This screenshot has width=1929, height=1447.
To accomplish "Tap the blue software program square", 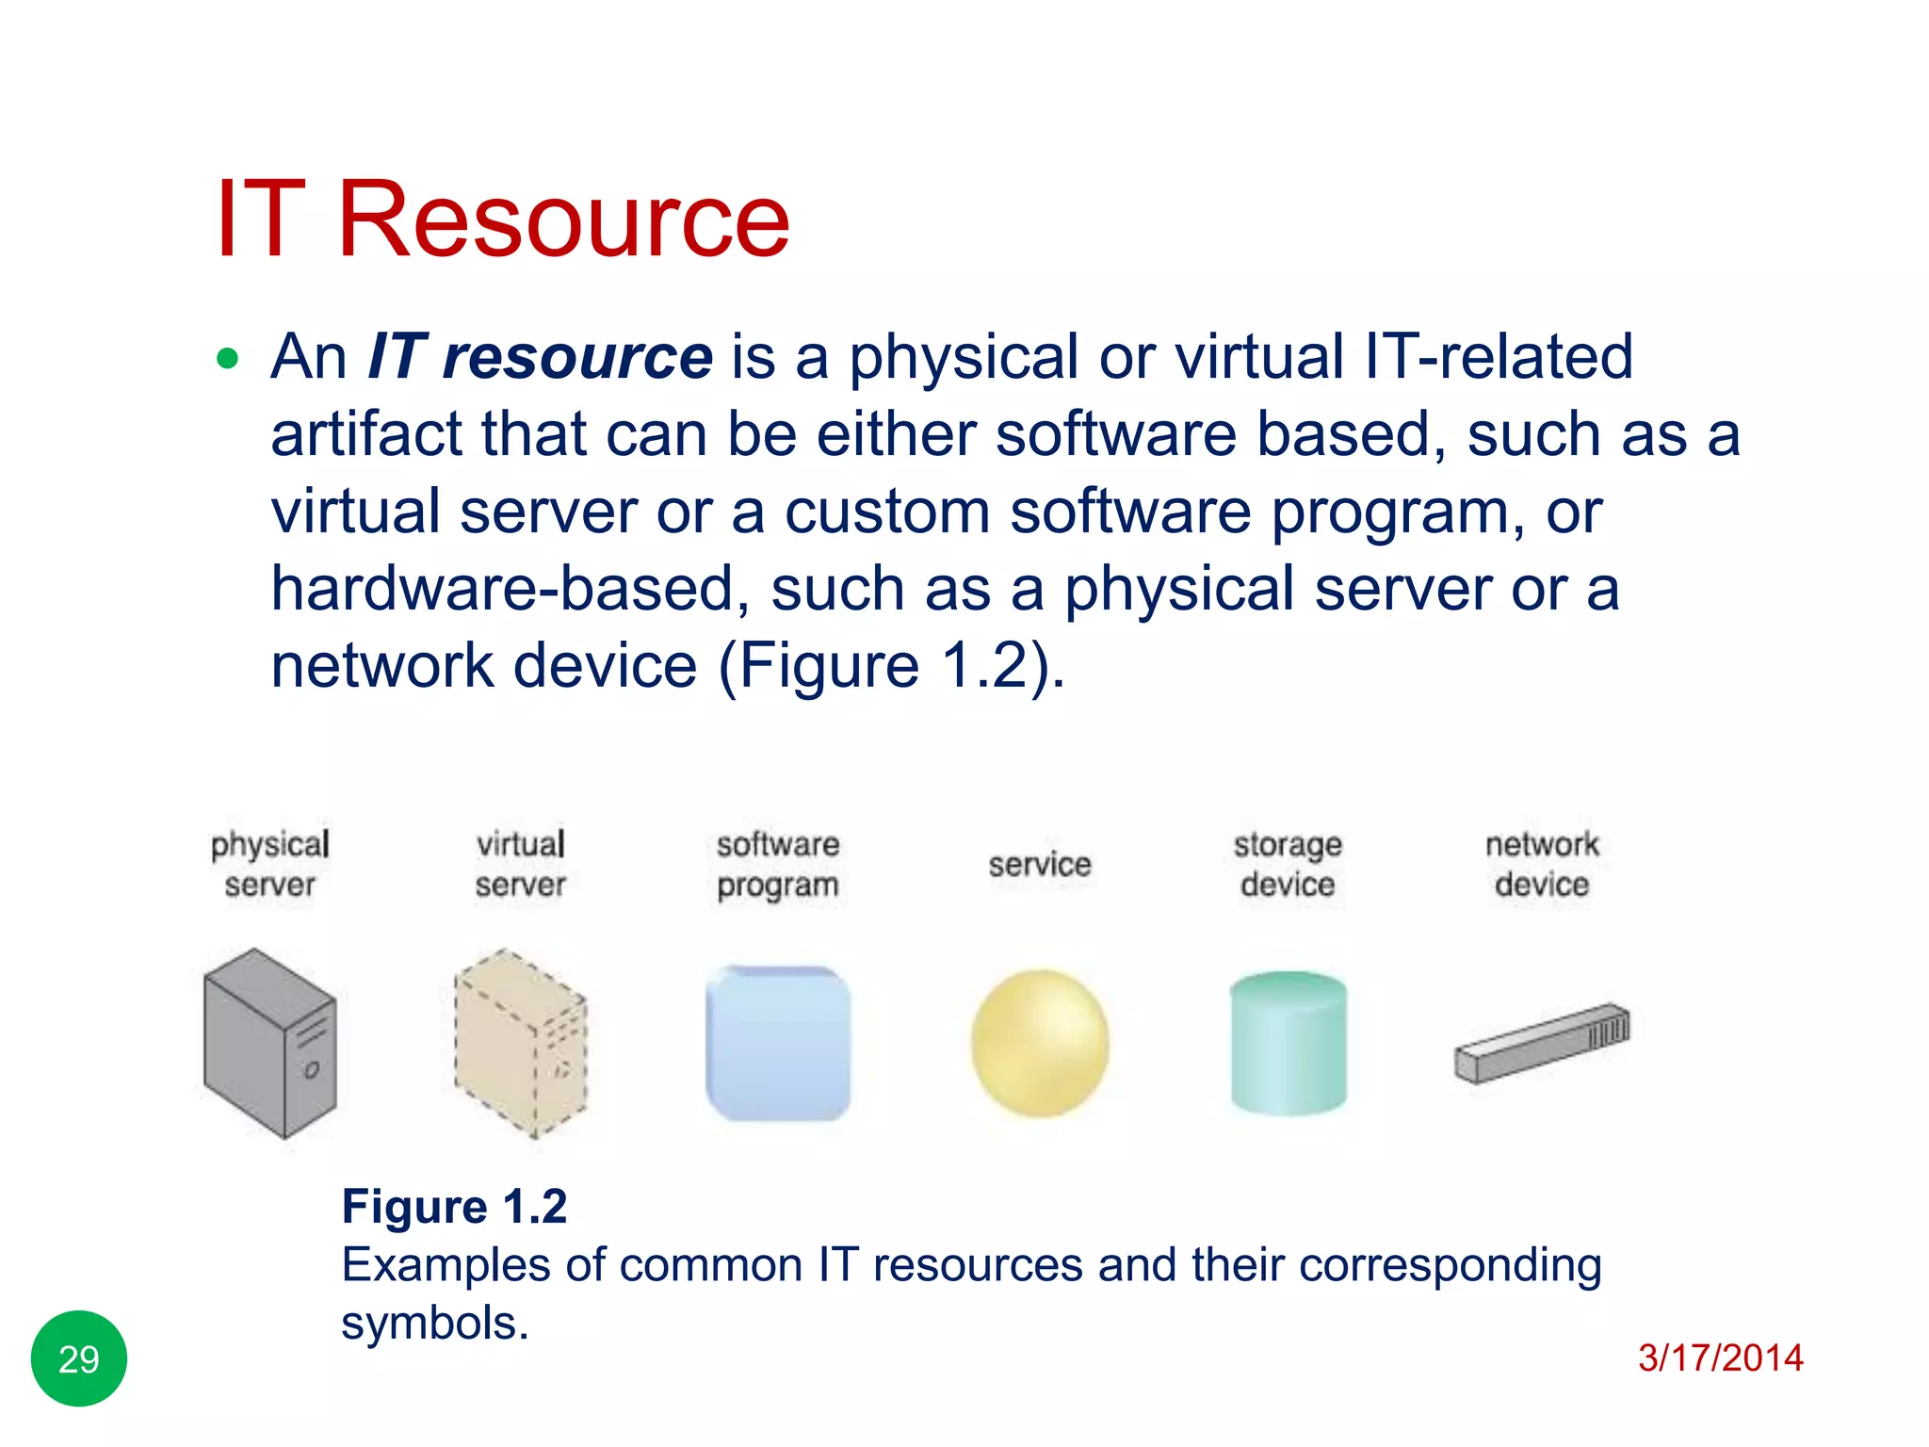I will (778, 1044).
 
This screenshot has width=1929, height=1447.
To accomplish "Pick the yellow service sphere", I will (1040, 1044).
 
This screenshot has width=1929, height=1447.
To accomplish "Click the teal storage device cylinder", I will (1289, 1044).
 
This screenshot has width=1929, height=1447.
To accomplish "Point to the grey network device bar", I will (1541, 1044).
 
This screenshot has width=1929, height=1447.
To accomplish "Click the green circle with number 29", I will (79, 1358).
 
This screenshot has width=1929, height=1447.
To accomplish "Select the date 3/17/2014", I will (1720, 1358).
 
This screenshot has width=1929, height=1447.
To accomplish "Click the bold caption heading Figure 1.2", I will (454, 1207).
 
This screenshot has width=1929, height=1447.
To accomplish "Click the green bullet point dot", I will (227, 358).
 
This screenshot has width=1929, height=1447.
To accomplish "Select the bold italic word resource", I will (577, 358).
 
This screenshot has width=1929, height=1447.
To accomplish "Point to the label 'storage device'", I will (1288, 864).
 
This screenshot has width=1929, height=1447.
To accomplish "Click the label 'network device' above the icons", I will (1542, 864).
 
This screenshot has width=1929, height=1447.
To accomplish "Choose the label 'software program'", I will (778, 864).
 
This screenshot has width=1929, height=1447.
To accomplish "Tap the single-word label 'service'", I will (1040, 864).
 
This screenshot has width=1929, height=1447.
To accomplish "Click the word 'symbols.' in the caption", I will (434, 1324).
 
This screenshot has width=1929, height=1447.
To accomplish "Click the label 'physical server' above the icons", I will (270, 864).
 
